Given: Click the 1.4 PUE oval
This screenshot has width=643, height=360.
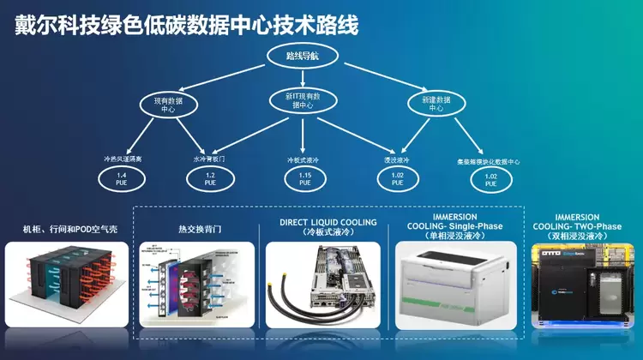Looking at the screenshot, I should click(122, 178).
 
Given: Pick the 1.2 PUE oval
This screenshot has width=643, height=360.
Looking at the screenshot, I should click(209, 178).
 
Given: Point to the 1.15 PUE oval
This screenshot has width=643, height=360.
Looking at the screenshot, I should click(305, 178).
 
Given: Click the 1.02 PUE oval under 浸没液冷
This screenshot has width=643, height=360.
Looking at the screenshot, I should click(397, 178).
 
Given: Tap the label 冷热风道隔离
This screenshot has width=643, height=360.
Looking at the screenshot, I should click(121, 159).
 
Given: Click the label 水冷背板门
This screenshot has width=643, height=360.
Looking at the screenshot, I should click(209, 159).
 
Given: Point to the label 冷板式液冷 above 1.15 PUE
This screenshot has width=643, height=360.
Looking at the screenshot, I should click(303, 159).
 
